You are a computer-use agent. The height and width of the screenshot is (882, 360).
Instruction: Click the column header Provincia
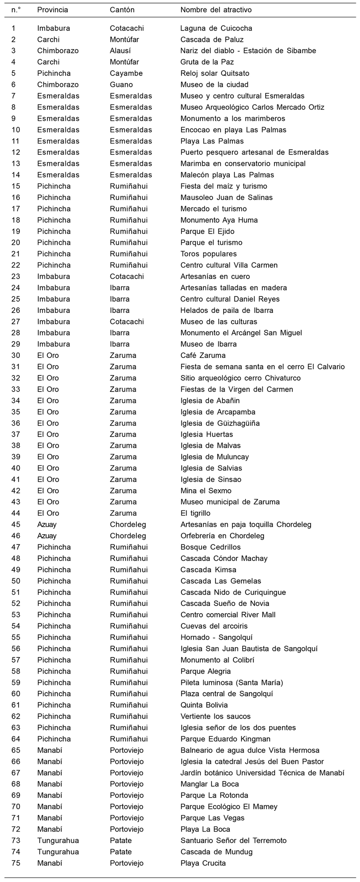(x=52, y=10)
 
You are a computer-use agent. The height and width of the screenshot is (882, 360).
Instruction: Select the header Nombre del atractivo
(x=216, y=10)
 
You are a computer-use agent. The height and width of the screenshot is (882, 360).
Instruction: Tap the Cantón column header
(x=122, y=10)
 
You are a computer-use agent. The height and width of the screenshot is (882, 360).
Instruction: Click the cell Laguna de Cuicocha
(x=216, y=28)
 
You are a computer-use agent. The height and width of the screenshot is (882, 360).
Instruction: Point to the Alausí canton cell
(x=120, y=51)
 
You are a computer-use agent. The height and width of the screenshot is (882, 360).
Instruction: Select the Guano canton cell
(x=121, y=84)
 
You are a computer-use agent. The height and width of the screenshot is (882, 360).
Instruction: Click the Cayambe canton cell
(x=126, y=73)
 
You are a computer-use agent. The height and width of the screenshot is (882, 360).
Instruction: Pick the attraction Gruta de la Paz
(x=207, y=62)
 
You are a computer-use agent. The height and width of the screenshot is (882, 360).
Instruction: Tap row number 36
(x=16, y=423)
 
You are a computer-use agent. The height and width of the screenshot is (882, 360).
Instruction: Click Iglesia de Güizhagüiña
(x=220, y=423)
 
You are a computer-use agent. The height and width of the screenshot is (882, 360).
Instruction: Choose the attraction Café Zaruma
(x=203, y=356)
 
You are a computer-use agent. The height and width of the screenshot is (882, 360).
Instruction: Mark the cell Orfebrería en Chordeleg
(x=222, y=536)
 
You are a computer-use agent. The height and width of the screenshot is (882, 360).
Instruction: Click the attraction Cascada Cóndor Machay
(x=224, y=559)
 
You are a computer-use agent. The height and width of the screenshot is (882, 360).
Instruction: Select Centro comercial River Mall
(x=228, y=615)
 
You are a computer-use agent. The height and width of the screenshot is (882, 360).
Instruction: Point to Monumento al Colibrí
(x=217, y=660)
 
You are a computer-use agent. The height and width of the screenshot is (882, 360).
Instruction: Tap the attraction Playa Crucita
(x=203, y=863)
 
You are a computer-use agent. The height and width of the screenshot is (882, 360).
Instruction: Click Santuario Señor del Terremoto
(x=233, y=841)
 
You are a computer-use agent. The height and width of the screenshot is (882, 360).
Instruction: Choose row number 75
(x=16, y=863)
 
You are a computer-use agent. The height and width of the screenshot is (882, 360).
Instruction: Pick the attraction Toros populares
(x=208, y=254)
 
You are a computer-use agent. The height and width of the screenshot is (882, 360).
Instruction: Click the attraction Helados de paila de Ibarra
(x=227, y=310)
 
